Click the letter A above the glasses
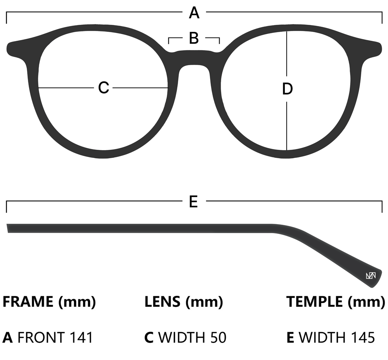194,13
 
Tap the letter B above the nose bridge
194,38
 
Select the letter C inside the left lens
104,87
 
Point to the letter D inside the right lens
287,89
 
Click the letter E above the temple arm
194,201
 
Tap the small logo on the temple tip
371,275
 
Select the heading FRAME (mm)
49,302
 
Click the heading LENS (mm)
184,302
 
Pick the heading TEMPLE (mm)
336,302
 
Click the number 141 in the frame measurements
81,337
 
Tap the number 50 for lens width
218,337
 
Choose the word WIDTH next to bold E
322,337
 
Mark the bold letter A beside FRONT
8,337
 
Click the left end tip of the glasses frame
7,49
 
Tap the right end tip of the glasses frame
381,49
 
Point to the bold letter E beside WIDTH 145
290,337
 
